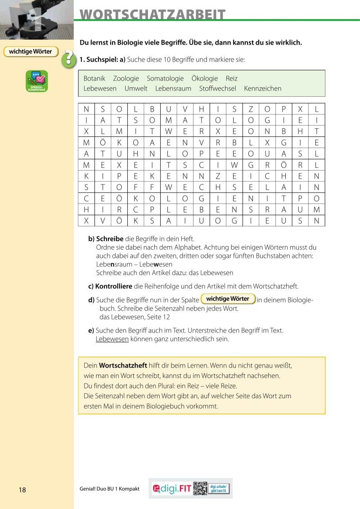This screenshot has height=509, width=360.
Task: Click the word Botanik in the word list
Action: pos(94,78)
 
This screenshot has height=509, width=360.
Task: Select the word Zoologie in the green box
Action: pos(126,78)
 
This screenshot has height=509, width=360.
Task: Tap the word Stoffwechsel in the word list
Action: pos(217,89)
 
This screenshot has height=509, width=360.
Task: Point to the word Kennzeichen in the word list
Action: pos(262,89)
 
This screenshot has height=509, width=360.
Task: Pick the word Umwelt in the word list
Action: pos(136,89)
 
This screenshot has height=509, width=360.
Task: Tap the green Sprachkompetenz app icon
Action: pos(37,81)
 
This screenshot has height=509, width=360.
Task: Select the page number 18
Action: pos(22,490)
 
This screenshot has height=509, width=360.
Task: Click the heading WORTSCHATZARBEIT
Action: pos(153,14)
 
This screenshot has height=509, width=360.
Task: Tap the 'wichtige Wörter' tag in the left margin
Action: pos(31,52)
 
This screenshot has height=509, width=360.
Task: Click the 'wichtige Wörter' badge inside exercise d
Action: pos(228,299)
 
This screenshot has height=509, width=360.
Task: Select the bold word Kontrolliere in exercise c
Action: pos(113,286)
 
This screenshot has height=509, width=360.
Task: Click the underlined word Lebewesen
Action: pos(112,339)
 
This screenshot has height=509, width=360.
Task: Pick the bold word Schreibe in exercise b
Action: pos(110,239)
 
